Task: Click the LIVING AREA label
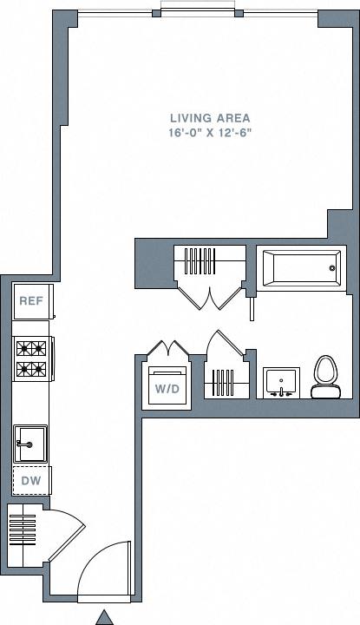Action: (x=210, y=117)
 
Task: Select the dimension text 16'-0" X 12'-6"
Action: (x=210, y=132)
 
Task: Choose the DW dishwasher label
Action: (x=31, y=480)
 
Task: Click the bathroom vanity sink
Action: (x=280, y=382)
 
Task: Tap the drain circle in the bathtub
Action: (x=332, y=269)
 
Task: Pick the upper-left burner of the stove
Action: (x=23, y=349)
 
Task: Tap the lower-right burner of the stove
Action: (x=39, y=370)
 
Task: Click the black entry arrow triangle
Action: (x=104, y=616)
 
